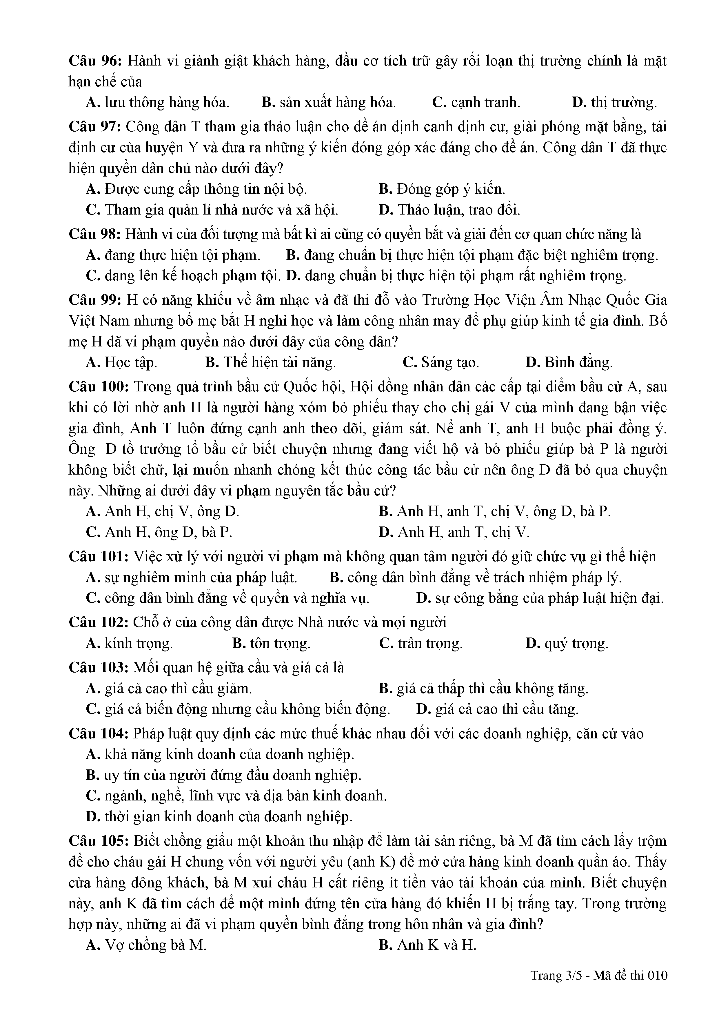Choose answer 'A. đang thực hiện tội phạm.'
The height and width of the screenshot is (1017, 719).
173,255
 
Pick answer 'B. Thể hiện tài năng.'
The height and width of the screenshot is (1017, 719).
270,362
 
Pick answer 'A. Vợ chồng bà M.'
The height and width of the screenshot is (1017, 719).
146,945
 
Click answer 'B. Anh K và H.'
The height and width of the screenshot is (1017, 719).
427,945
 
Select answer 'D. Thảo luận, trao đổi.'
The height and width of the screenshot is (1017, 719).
449,210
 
